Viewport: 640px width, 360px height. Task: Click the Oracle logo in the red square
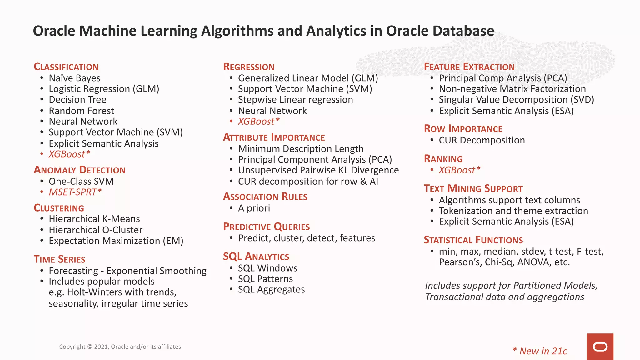click(600, 347)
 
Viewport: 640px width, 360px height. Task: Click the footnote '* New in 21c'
click(540, 351)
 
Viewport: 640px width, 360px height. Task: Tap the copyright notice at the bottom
click(120, 347)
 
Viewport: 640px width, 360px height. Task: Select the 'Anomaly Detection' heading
click(80, 170)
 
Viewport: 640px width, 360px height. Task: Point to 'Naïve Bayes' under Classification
click(74, 78)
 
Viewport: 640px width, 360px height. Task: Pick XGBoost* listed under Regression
click(258, 122)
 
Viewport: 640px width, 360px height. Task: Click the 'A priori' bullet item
click(254, 208)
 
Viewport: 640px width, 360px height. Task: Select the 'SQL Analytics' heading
click(256, 257)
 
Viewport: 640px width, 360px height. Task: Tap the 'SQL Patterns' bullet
click(265, 279)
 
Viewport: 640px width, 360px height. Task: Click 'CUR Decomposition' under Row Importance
click(482, 140)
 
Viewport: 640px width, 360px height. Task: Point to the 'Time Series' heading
click(59, 259)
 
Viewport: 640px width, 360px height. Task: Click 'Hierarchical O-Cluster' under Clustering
click(95, 230)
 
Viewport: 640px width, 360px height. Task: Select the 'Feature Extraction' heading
click(469, 67)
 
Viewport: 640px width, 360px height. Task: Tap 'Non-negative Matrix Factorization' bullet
click(512, 89)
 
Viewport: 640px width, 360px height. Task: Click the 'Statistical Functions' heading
click(473, 240)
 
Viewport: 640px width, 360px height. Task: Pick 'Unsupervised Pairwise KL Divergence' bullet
click(318, 170)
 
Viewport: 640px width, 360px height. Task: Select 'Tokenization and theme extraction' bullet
click(513, 211)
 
